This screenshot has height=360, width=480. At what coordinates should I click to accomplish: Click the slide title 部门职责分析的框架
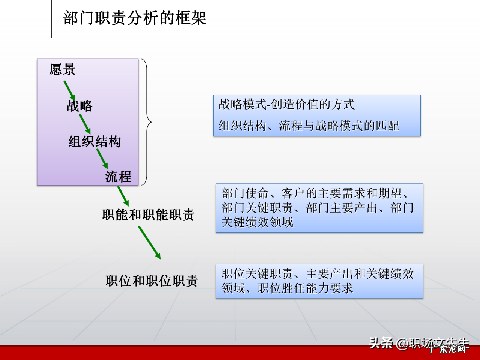pyautogui.click(x=135, y=18)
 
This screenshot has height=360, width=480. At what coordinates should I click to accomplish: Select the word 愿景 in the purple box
pyautogui.click(x=62, y=69)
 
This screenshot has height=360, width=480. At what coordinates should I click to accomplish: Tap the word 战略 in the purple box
pyautogui.click(x=79, y=106)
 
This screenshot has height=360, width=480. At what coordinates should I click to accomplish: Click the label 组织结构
pyautogui.click(x=94, y=141)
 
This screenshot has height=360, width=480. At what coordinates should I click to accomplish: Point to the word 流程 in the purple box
pyautogui.click(x=118, y=177)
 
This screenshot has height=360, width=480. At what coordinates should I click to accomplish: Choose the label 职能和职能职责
pyautogui.click(x=148, y=215)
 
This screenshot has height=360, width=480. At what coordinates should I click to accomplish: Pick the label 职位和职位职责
pyautogui.click(x=151, y=280)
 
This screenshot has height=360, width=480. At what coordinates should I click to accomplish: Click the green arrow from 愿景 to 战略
pyautogui.click(x=69, y=90)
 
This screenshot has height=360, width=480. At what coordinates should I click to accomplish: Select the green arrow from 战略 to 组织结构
pyautogui.click(x=85, y=124)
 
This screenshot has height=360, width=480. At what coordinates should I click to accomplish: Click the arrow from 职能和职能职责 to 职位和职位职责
pyautogui.click(x=149, y=242)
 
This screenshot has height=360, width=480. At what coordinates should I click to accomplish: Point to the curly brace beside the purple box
pyautogui.click(x=147, y=122)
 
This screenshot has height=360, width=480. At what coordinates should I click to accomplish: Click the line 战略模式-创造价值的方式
pyautogui.click(x=287, y=104)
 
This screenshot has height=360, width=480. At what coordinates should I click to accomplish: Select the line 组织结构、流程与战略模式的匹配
pyautogui.click(x=309, y=126)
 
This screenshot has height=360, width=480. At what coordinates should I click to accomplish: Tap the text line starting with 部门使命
pyautogui.click(x=315, y=193)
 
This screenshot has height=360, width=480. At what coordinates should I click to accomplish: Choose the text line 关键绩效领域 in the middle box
pyautogui.click(x=257, y=222)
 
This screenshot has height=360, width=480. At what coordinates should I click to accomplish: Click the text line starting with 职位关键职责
pyautogui.click(x=318, y=274)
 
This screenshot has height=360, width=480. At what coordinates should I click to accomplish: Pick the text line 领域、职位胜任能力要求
pyautogui.click(x=287, y=288)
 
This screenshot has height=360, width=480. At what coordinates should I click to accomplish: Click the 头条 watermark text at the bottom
pyautogui.click(x=381, y=342)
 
